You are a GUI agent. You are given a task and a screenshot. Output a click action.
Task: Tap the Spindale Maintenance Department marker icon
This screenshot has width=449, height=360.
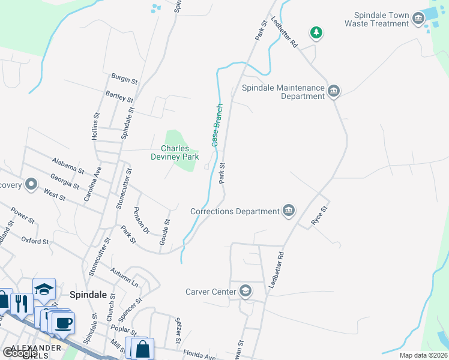click(x=334, y=92)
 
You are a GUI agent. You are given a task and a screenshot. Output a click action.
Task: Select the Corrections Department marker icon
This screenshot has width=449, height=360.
click(x=289, y=211)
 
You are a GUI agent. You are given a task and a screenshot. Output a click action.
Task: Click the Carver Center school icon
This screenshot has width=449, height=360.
click(x=245, y=292)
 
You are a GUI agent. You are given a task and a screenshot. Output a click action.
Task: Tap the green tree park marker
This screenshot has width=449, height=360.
click(x=316, y=33)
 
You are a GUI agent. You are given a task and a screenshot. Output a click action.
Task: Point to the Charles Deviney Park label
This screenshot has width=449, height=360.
click(x=175, y=152)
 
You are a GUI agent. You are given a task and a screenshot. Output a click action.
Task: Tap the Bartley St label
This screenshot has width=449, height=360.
click(x=119, y=97)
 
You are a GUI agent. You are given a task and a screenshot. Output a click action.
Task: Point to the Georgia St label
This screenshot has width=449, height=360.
click(x=65, y=181)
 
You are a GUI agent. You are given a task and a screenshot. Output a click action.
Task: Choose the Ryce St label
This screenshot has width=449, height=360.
click(x=318, y=215)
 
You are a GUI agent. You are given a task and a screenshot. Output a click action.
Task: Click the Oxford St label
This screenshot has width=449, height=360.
click(x=35, y=241)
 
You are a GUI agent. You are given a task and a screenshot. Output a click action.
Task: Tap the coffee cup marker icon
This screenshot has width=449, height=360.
click(x=63, y=323)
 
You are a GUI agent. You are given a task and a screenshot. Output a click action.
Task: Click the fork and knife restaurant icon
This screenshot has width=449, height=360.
click(x=20, y=303)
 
